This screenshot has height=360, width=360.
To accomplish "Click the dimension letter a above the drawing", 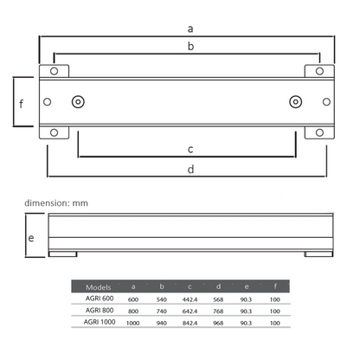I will pos(190,29).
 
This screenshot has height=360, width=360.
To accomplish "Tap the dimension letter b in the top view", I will pos(190,47).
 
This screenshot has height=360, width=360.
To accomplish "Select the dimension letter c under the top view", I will pos(190,149).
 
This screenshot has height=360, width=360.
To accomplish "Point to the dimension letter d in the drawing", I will pos(190,170).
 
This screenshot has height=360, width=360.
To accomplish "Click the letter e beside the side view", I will pos(31,236).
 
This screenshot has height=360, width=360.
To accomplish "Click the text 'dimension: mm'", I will pos(56,202).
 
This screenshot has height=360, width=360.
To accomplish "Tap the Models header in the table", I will pos(99,286).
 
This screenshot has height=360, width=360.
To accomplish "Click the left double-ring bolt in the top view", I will pos(79,102).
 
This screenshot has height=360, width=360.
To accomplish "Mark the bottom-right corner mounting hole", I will pos(319,132).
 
